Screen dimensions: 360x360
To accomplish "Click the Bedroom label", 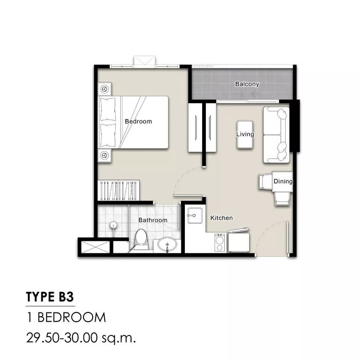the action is coord(138,121).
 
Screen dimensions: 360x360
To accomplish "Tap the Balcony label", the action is coord(247,84).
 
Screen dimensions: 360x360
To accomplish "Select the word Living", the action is coord(245,134).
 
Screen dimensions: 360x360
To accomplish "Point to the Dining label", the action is coord(283,181).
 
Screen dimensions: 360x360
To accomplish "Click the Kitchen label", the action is coord(221,218).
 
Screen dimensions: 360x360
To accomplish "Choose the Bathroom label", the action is coord(153,220).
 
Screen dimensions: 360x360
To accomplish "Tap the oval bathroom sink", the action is coord(168,244).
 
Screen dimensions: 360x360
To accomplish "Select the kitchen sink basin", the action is coord(195,216).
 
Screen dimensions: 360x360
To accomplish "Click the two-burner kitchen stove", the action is coord(220,242).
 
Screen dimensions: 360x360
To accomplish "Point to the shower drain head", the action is coord(113,225).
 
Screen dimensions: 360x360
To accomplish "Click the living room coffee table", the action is coord(245,134).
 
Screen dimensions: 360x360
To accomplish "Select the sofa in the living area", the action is coord(276,135).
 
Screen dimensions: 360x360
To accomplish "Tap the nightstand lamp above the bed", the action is coord(105,89).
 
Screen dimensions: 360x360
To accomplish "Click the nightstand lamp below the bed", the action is coord(105,156).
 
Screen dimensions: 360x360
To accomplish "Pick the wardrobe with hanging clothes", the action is coord(119,191).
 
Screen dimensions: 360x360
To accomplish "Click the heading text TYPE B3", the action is coord(50,297).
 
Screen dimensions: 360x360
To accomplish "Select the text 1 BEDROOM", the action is coord(66,318).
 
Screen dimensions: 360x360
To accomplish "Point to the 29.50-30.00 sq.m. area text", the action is coord(81,338).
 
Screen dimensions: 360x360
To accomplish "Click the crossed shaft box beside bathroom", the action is coord(96,247).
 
